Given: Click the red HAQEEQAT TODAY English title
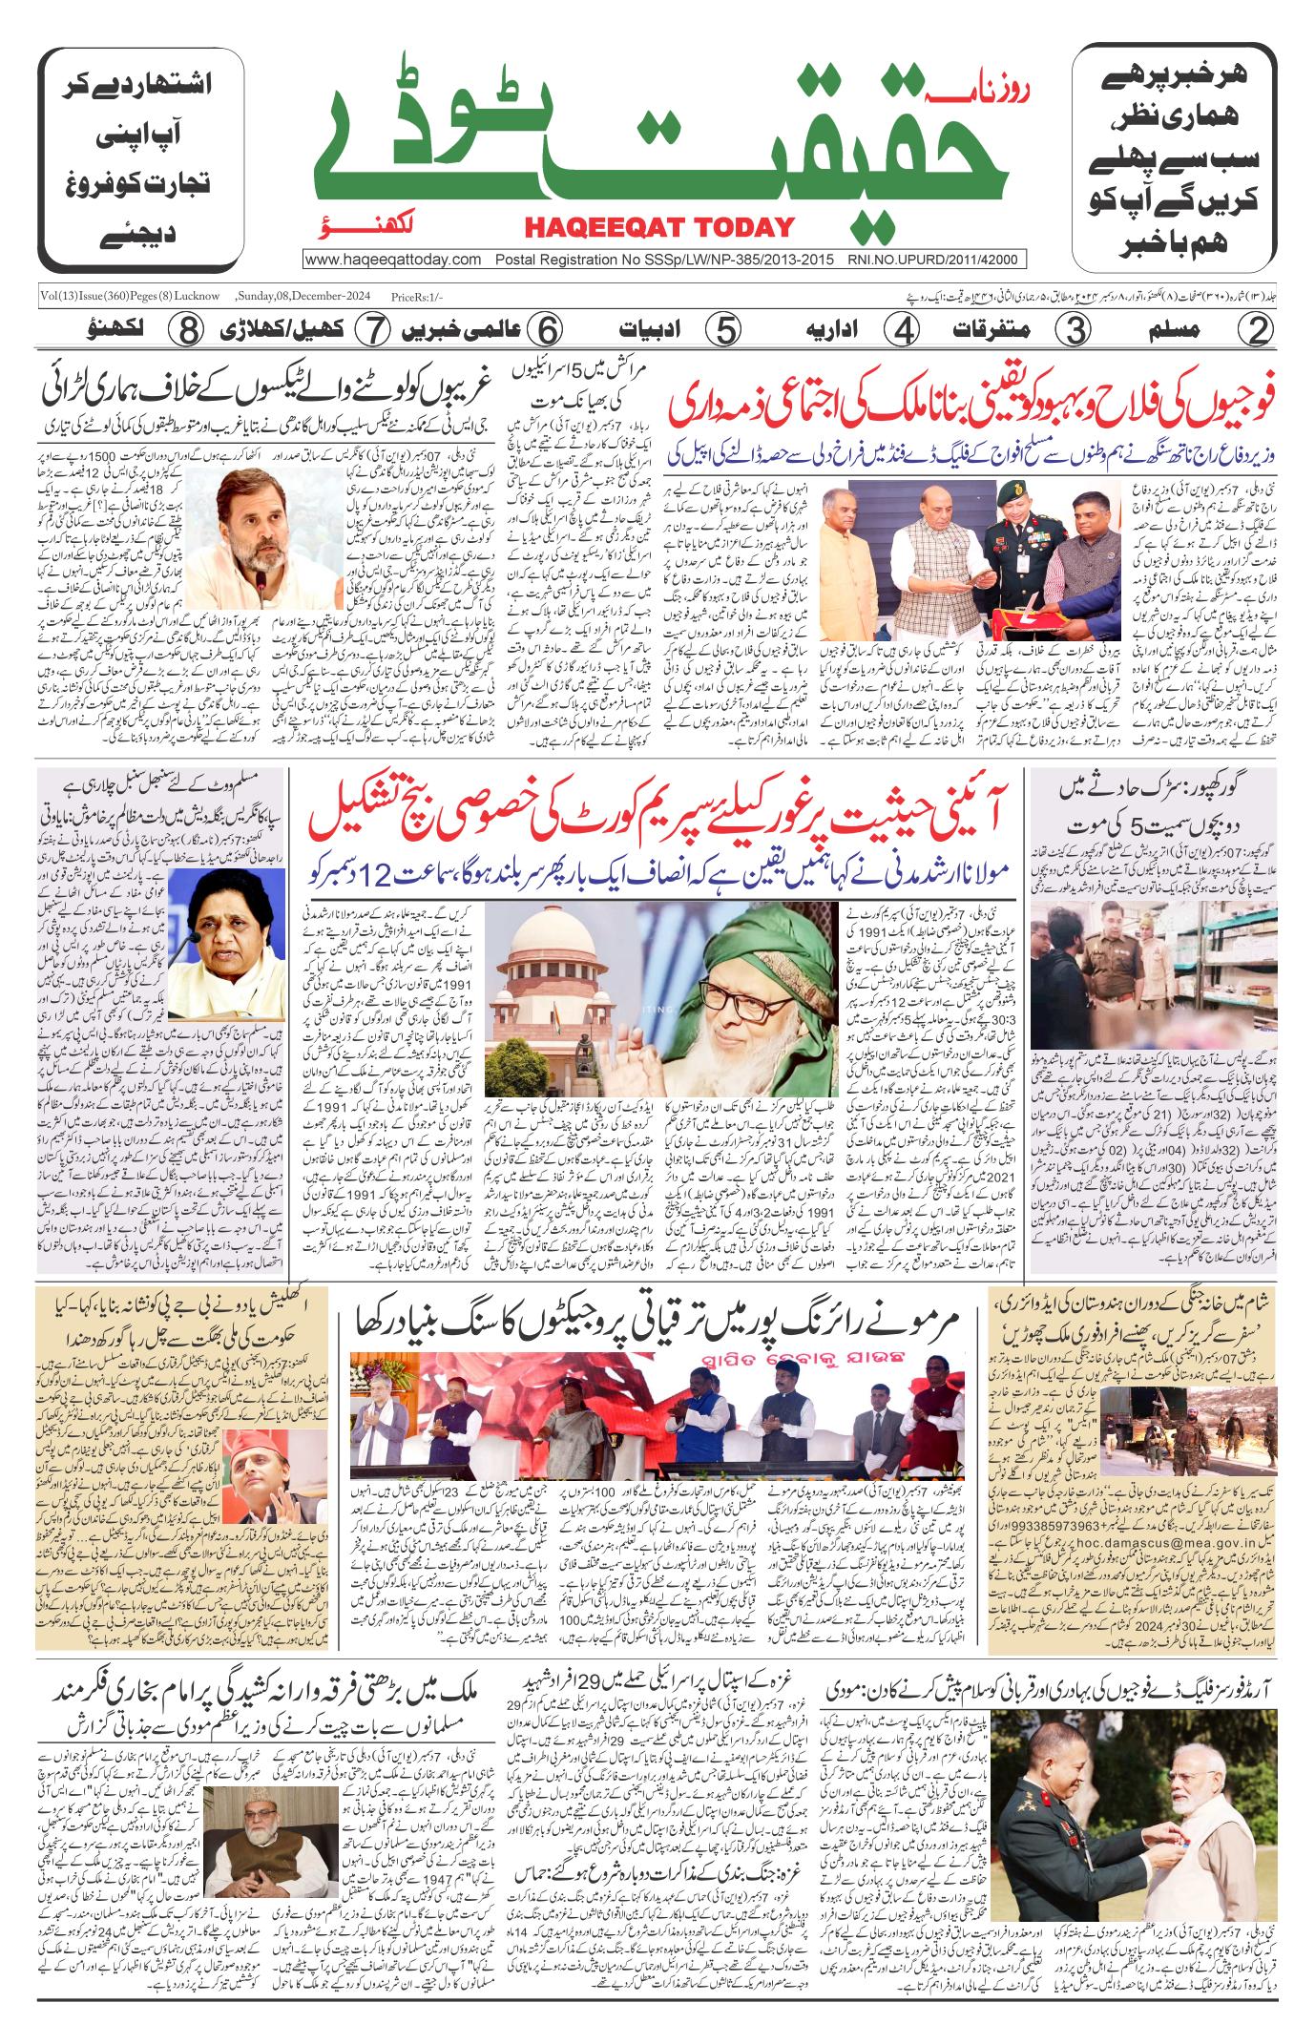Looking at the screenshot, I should (658, 227).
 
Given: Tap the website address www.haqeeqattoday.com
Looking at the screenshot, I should (393, 260).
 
